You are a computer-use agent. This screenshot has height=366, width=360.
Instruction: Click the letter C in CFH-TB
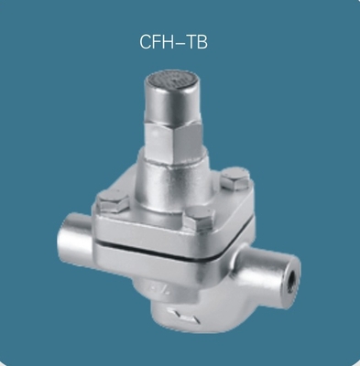click(x=146, y=42)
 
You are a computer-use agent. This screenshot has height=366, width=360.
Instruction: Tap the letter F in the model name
click(x=158, y=42)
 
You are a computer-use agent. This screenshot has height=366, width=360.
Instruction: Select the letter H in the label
click(x=170, y=42)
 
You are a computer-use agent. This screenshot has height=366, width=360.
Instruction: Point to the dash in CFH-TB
click(x=181, y=43)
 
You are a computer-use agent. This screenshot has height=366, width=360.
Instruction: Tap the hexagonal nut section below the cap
click(x=174, y=135)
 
